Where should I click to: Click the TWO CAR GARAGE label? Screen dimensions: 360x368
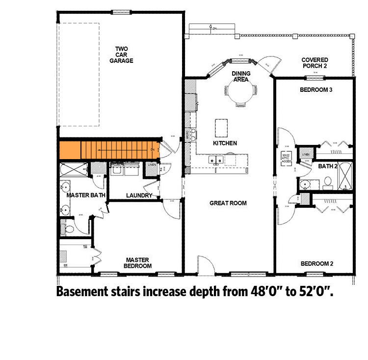tap(121, 55)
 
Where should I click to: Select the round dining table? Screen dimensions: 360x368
tap(240, 90)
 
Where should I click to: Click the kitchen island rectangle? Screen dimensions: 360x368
tap(221, 128)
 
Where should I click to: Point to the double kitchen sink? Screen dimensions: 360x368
tap(216, 159)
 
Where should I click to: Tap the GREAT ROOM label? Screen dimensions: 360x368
tap(228, 203)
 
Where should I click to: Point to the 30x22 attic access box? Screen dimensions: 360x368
tap(287, 158)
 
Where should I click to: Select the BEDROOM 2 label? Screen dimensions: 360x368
tap(316, 264)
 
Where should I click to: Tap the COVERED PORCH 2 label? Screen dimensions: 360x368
tap(315, 62)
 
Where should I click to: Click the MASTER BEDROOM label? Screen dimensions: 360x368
tap(138, 263)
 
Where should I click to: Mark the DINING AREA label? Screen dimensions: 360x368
tap(241, 76)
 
